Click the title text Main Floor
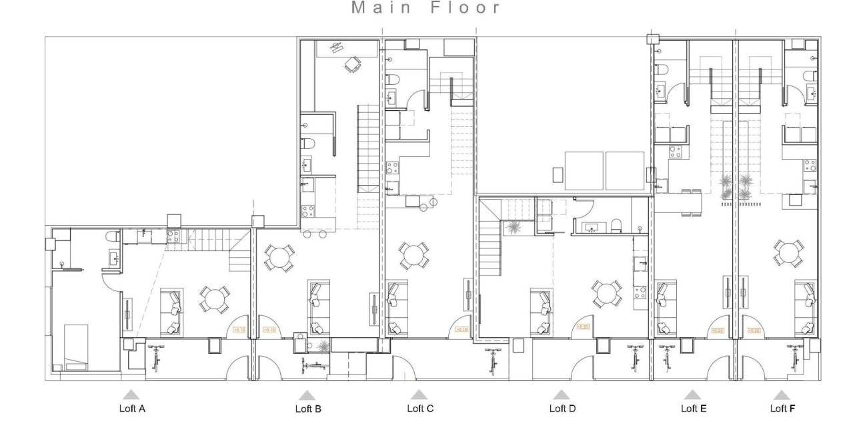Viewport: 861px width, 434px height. [426, 8]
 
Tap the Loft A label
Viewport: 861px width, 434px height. [131, 409]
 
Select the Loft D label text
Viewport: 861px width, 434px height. [562, 409]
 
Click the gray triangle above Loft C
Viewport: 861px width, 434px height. [419, 395]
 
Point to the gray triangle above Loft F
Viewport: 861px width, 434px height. [782, 395]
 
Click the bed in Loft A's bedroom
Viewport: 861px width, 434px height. [75, 346]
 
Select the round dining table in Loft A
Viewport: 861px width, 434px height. [214, 300]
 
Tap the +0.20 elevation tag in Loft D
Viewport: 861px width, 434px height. [584, 327]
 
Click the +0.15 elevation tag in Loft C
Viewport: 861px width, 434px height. [461, 330]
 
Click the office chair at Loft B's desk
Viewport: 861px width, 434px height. [351, 64]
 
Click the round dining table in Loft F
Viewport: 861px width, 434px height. [788, 252]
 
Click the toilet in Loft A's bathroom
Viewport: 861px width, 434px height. [111, 236]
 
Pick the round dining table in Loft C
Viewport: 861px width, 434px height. [413, 254]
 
